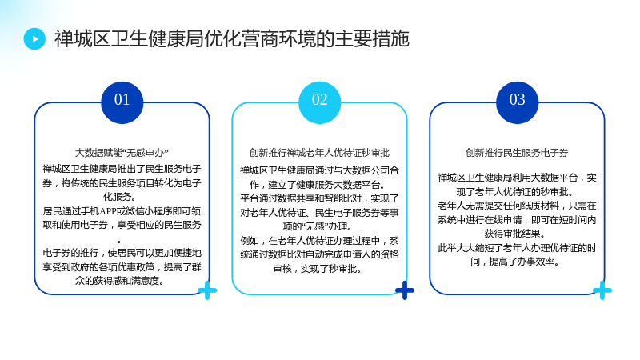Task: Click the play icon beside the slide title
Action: click(x=34, y=38)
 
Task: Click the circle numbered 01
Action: click(x=122, y=102)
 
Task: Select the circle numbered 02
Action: click(x=319, y=102)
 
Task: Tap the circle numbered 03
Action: click(x=517, y=102)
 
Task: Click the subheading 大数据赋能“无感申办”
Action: click(x=122, y=153)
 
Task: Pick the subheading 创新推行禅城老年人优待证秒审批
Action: click(x=319, y=153)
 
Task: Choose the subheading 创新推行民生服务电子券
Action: click(x=517, y=153)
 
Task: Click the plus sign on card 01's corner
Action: click(x=207, y=290)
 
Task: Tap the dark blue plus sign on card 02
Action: click(x=405, y=290)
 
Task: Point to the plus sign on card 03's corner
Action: click(x=602, y=290)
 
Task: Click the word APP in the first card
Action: click(x=109, y=211)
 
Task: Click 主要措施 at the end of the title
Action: click(x=372, y=38)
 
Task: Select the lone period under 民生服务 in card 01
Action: click(x=119, y=242)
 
